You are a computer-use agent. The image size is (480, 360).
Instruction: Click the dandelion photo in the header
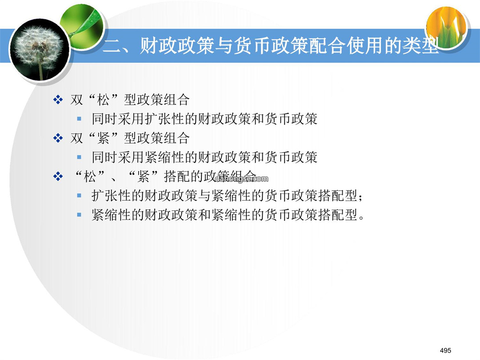[39, 50]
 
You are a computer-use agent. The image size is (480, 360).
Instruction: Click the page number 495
[445, 350]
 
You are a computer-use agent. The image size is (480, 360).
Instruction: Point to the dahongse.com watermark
[241, 179]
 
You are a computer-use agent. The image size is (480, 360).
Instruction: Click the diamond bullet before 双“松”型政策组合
[58, 100]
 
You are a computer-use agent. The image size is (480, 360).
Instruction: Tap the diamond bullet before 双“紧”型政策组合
[58, 138]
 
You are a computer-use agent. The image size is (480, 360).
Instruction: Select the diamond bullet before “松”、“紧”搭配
[58, 176]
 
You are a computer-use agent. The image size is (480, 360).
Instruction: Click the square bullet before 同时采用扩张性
[79, 119]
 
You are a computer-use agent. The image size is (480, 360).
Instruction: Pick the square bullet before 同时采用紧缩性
[79, 157]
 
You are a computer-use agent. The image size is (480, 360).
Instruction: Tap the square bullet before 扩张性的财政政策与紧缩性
[79, 196]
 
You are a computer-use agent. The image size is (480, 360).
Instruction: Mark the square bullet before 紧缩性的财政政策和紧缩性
[79, 215]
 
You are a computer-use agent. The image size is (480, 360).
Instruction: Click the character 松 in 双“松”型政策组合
[103, 100]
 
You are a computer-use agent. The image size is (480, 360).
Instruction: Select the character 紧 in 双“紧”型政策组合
[103, 138]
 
